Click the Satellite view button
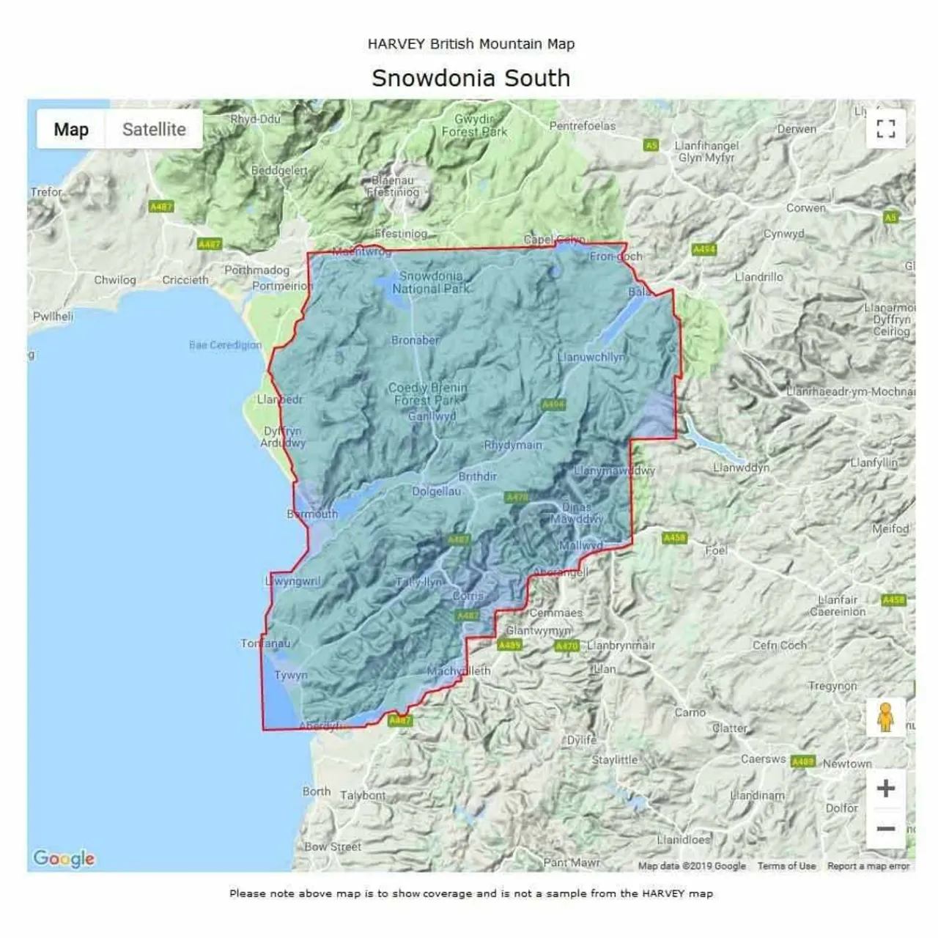pyautogui.click(x=154, y=130)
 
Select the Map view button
pyautogui.click(x=71, y=130)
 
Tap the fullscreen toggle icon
pyautogui.click(x=886, y=129)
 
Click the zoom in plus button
pyautogui.click(x=886, y=789)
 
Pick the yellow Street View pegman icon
pyautogui.click(x=886, y=717)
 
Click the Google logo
pyautogui.click(x=64, y=858)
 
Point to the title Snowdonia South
pyautogui.click(x=470, y=78)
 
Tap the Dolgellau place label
pyautogui.click(x=437, y=492)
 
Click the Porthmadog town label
pyautogui.click(x=256, y=270)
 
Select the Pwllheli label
pyautogui.click(x=53, y=317)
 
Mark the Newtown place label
pyautogui.click(x=847, y=764)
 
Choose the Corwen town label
pyautogui.click(x=805, y=208)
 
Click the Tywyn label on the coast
pyautogui.click(x=291, y=675)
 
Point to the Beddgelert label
pyautogui.click(x=279, y=171)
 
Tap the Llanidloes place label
pyautogui.click(x=684, y=840)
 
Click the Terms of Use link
pyautogui.click(x=786, y=866)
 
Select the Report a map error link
pyautogui.click(x=868, y=866)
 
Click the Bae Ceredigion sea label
pyautogui.click(x=225, y=345)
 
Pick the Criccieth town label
pyautogui.click(x=185, y=280)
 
